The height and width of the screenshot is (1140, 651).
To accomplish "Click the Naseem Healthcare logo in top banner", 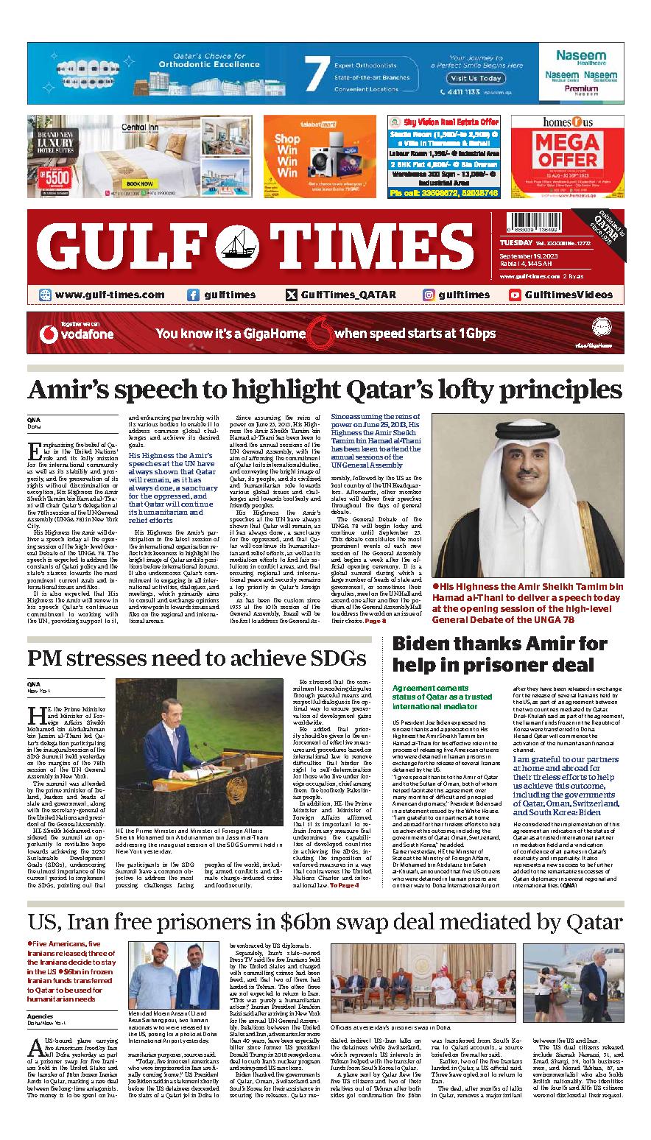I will pyautogui.click(x=580, y=57).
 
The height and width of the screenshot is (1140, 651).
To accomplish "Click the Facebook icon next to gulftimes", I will pyautogui.click(x=193, y=295).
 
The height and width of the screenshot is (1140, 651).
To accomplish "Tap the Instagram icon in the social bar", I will pyautogui.click(x=429, y=295).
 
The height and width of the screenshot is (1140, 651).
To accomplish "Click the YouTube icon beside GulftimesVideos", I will pyautogui.click(x=515, y=295).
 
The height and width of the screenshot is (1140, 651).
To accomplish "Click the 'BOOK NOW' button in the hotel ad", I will pyautogui.click(x=140, y=184).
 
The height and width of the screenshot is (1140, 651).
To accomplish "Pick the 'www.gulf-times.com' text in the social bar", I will pyautogui.click(x=109, y=295).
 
